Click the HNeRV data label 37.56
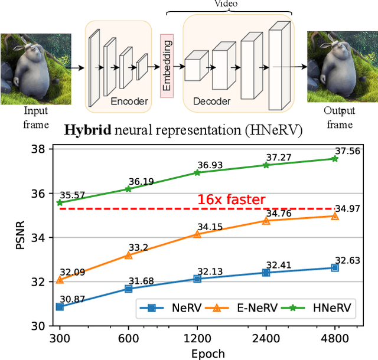[347, 151]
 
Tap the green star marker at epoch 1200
[197, 172]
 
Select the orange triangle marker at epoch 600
[128, 255]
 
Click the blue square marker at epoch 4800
[335, 267]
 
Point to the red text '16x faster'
[231, 200]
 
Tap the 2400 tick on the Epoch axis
[266, 339]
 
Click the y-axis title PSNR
[19, 238]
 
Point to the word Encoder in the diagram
[129, 102]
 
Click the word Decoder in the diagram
[211, 102]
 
